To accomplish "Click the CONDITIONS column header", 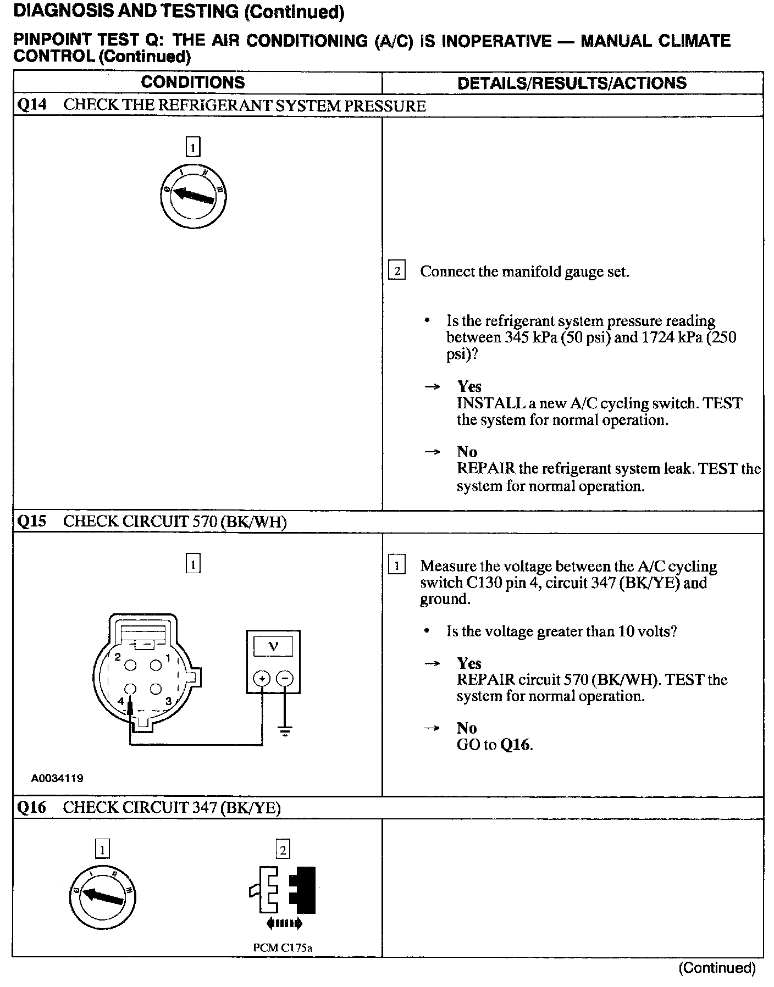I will click(192, 82).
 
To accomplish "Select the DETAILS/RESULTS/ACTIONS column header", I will click(572, 83).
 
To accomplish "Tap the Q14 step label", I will click(32, 105).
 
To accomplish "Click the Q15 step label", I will click(32, 521).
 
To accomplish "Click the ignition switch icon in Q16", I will click(102, 897).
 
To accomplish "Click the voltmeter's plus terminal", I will click(262, 679).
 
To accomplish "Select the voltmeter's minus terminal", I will click(284, 679).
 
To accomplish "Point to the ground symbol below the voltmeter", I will click(285, 731).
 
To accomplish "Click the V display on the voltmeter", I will click(273, 647).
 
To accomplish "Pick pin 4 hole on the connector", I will click(130, 689).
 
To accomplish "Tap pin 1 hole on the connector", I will click(156, 666).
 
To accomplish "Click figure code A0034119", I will click(57, 778).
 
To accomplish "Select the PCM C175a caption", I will click(283, 947).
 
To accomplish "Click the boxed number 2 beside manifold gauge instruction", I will click(397, 271).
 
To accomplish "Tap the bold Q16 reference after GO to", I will click(516, 745).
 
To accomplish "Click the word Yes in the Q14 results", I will click(469, 386).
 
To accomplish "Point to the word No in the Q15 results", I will click(467, 728).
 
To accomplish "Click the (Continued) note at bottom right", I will click(717, 968).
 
